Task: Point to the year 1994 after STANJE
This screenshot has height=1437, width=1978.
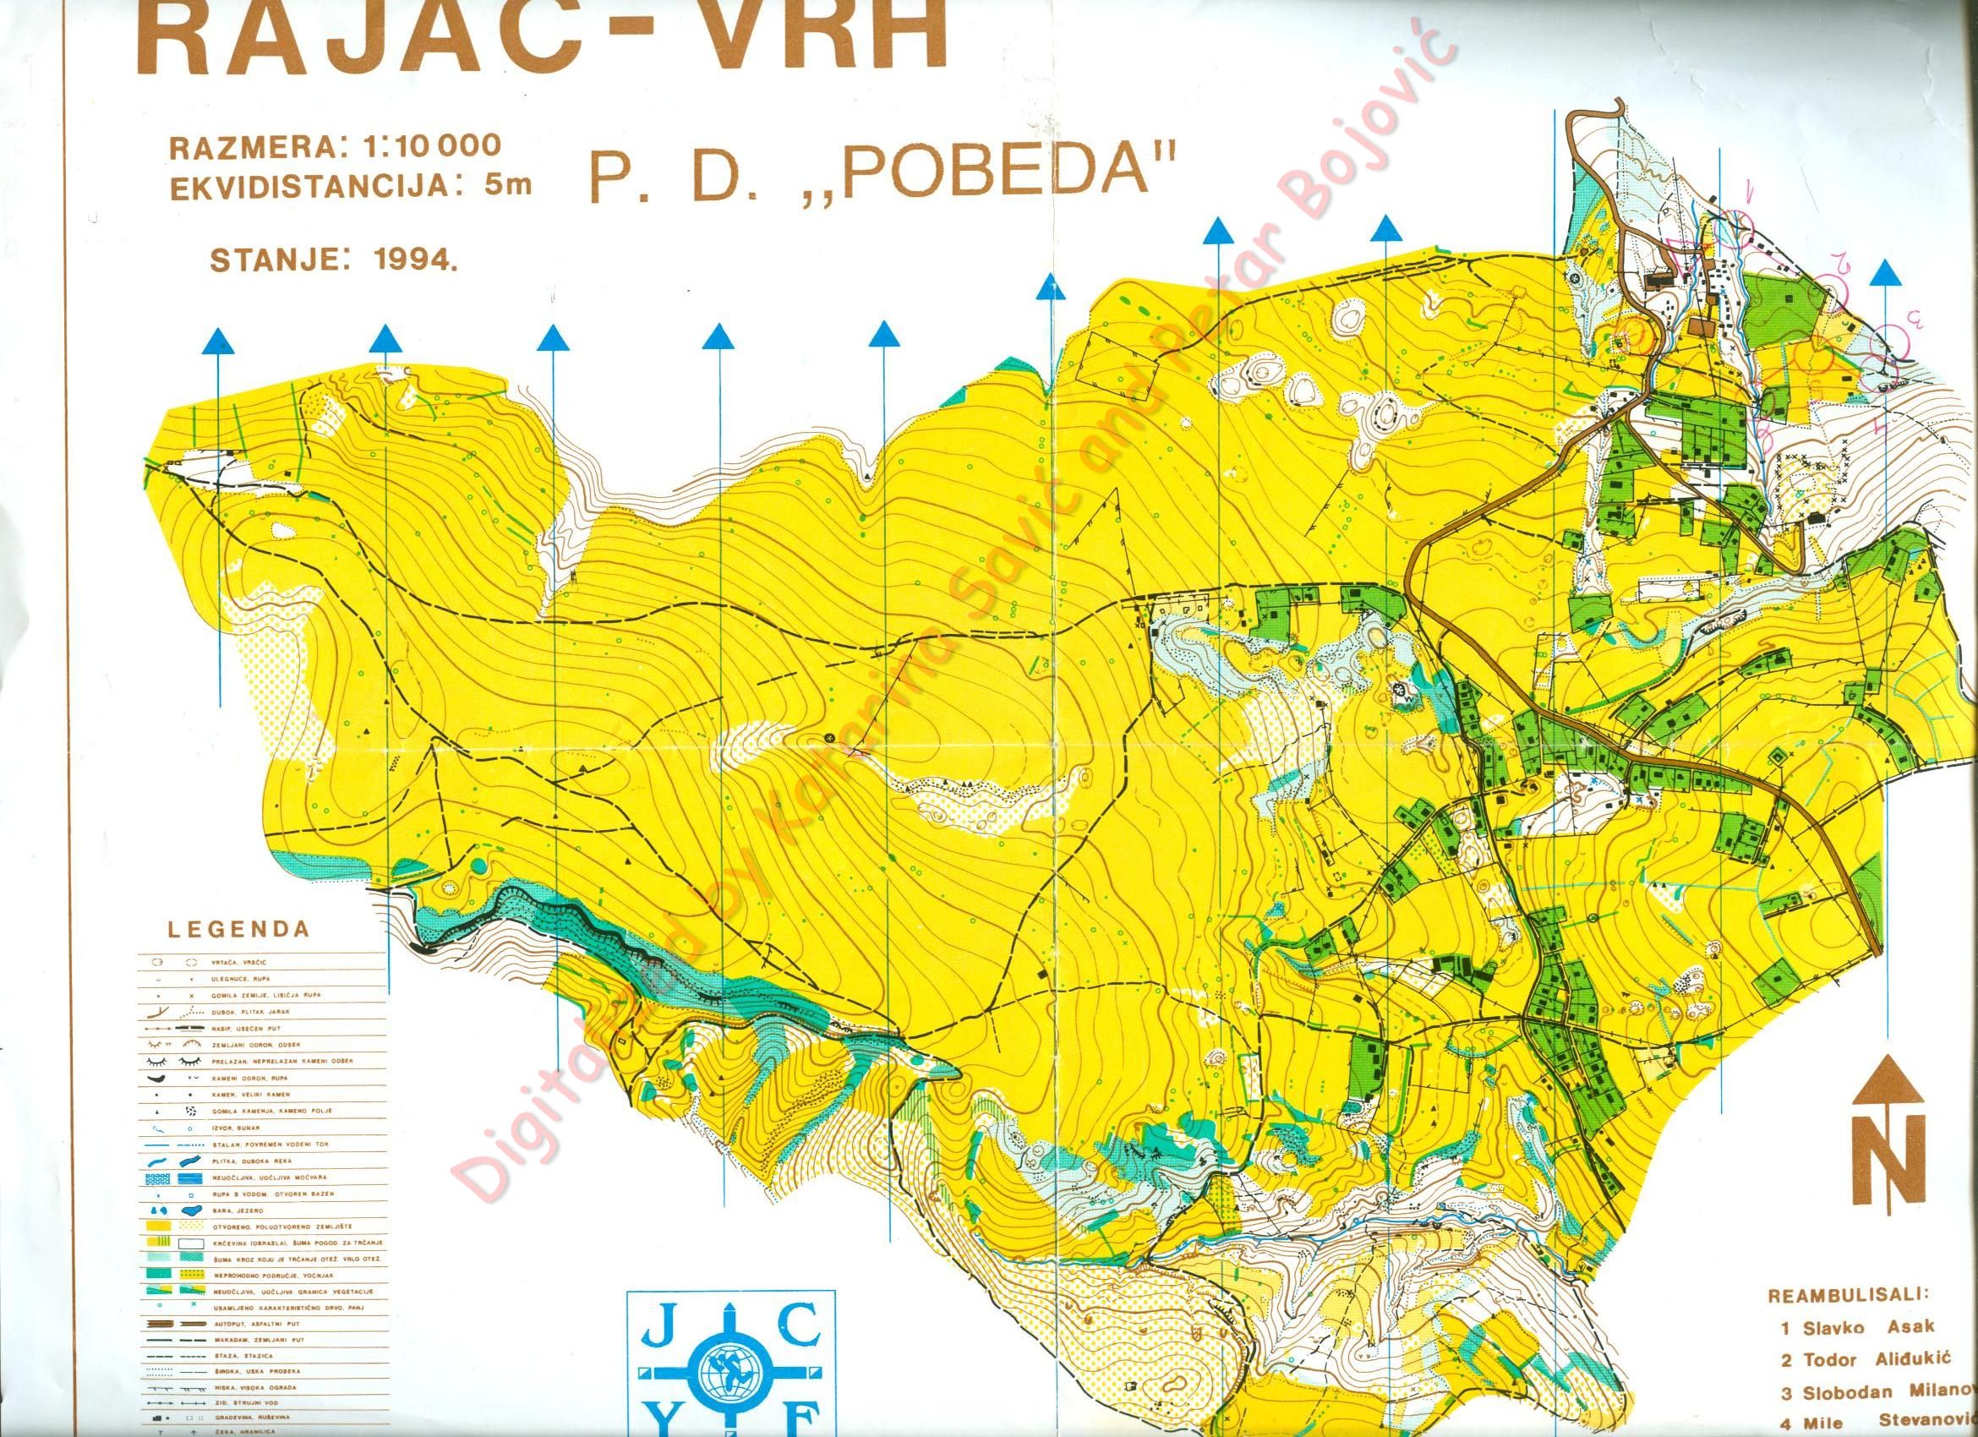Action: click(x=409, y=259)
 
